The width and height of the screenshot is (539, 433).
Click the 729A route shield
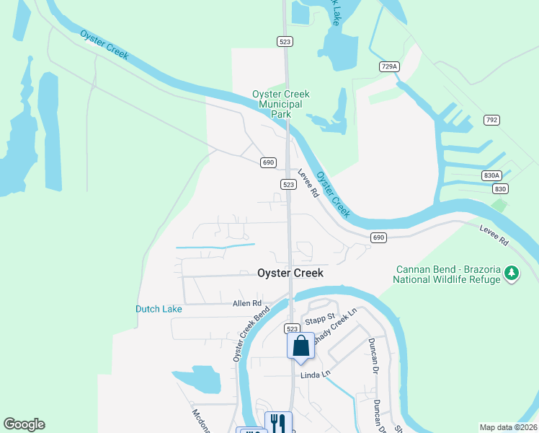coord(388,66)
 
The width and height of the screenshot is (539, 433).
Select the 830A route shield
coord(490,175)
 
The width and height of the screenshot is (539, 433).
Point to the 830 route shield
coord(501,188)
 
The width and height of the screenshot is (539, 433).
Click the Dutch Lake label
coord(159,309)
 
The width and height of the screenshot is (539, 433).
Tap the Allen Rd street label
coord(246,304)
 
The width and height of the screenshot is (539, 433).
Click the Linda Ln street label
coord(315,374)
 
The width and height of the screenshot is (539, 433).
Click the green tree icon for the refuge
coord(512,274)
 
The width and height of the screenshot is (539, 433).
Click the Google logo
coord(24,424)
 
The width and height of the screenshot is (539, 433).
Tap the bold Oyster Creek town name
coord(290,274)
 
